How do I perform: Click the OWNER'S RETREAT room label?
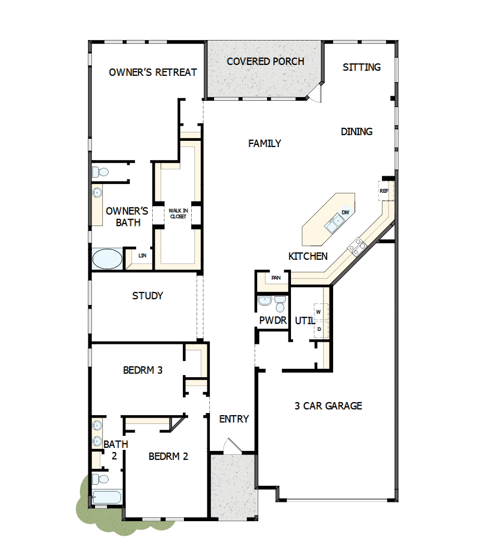(x=153, y=72)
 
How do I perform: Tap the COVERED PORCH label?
(x=266, y=61)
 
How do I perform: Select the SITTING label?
(x=362, y=67)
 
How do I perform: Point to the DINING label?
(x=356, y=131)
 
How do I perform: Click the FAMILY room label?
(x=264, y=143)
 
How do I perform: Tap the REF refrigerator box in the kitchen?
(x=384, y=191)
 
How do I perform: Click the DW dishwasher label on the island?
(x=345, y=213)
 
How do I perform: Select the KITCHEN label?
(x=308, y=256)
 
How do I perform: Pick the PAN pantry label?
(x=276, y=278)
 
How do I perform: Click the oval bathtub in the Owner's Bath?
(x=107, y=259)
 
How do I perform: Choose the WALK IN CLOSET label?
(x=177, y=213)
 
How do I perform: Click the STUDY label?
(x=148, y=296)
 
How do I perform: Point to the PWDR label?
(x=273, y=321)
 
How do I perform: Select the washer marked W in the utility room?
(x=318, y=311)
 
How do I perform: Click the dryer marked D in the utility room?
(x=319, y=329)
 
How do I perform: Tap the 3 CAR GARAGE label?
(x=328, y=406)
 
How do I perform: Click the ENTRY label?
(x=234, y=419)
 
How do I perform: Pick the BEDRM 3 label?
(x=143, y=370)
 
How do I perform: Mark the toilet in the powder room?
(x=280, y=302)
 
